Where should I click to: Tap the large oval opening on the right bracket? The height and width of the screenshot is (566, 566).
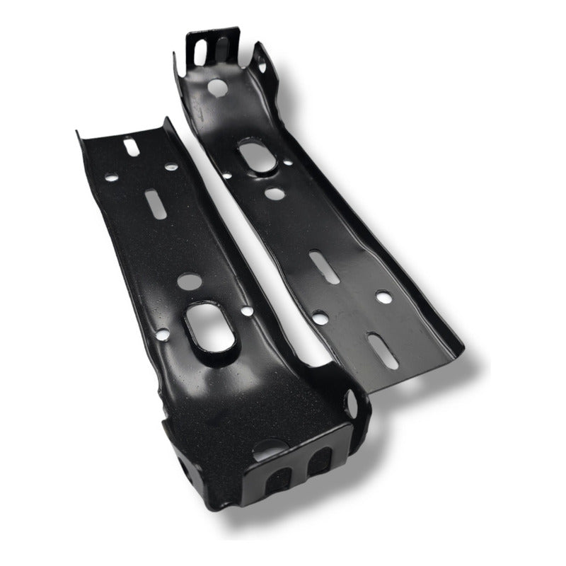point(257,155)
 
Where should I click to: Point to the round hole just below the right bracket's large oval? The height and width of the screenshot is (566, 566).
point(275,192)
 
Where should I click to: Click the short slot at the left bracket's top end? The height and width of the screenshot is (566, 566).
point(132,146)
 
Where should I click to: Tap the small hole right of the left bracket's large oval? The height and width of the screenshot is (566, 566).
point(246,311)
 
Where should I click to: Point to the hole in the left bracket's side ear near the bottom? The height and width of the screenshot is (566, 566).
point(352,405)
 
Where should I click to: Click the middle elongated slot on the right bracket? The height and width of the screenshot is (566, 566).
point(325,268)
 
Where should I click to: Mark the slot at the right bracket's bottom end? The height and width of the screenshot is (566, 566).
point(383,352)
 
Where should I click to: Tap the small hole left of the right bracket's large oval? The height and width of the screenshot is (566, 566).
point(226,175)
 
